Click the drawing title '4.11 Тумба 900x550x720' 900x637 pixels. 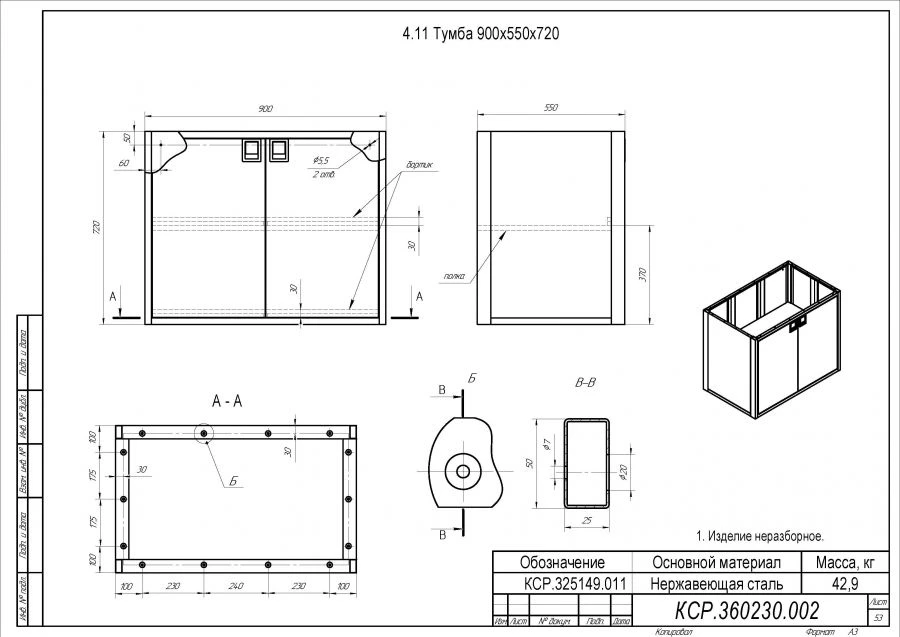(479, 33)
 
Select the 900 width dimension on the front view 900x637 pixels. (266, 109)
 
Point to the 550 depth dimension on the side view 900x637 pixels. (550, 108)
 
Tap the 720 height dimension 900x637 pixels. (98, 227)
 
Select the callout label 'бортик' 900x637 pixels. (419, 165)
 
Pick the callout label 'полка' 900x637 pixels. (454, 275)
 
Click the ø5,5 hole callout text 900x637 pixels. (321, 160)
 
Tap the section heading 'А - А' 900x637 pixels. (227, 401)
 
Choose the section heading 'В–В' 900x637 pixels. (586, 383)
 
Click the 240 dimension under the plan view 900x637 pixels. (236, 586)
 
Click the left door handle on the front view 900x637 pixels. (251, 150)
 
